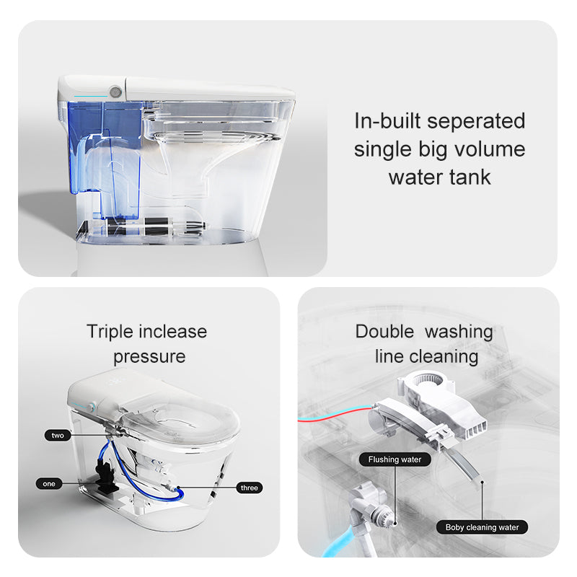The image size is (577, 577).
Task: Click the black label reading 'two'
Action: (x=58, y=435)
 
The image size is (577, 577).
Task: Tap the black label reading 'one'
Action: (x=49, y=484)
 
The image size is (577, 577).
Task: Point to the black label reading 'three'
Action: (x=248, y=488)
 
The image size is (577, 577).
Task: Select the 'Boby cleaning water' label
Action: (x=481, y=527)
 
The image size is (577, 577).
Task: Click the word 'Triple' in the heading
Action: (x=110, y=332)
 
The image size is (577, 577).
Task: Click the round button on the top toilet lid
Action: (x=114, y=93)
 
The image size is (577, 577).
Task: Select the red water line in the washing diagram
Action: (x=332, y=413)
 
